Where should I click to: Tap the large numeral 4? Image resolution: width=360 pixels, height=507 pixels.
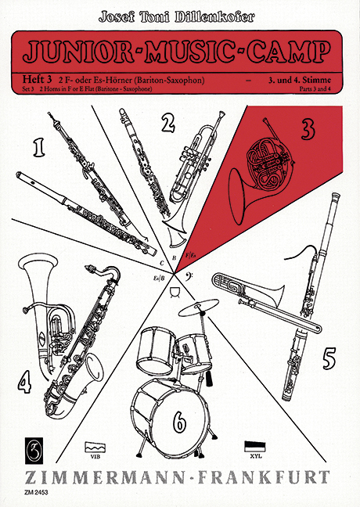(25, 383)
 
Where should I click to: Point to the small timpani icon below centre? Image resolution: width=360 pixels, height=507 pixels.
(175, 292)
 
